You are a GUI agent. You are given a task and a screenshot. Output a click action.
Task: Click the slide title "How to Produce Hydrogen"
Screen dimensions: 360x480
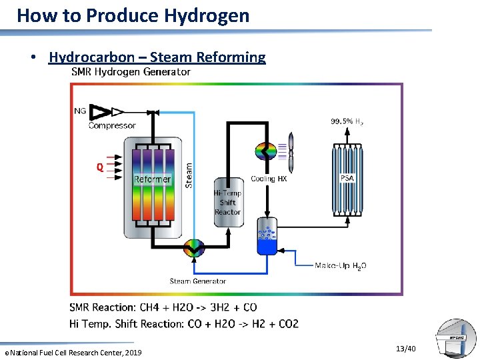coord(133,15)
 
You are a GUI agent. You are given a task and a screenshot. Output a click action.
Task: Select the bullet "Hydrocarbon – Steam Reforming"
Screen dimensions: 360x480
coord(157,57)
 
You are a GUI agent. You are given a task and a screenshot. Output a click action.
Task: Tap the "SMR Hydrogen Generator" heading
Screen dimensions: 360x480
coord(131,72)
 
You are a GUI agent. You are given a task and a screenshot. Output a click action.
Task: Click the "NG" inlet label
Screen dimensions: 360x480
coord(80,111)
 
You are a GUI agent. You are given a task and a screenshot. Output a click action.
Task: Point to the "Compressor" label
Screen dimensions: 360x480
coord(112,125)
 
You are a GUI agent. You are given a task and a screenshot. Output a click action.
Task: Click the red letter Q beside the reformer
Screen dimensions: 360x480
coord(99,168)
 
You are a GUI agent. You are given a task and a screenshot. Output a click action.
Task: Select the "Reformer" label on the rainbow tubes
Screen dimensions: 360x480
coord(153,179)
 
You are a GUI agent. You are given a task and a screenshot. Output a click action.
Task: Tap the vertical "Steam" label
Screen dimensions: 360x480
coord(189,175)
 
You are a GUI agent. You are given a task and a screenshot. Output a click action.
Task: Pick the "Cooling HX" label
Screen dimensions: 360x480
coord(269,179)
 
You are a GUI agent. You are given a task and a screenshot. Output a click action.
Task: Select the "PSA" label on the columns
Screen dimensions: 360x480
coord(347,178)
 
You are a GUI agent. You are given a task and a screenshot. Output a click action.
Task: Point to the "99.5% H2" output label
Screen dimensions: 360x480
coord(347,121)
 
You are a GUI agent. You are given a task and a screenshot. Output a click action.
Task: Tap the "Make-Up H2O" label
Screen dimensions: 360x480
coord(340,265)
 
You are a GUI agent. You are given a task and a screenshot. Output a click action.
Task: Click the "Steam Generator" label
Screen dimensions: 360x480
coord(198,281)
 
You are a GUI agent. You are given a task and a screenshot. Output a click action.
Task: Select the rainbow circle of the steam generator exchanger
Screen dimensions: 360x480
coord(195,248)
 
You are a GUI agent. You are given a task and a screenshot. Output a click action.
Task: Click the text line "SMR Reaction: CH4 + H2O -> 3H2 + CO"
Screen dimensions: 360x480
coord(163,307)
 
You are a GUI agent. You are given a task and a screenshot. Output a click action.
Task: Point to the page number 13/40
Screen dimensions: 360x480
coord(405,349)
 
